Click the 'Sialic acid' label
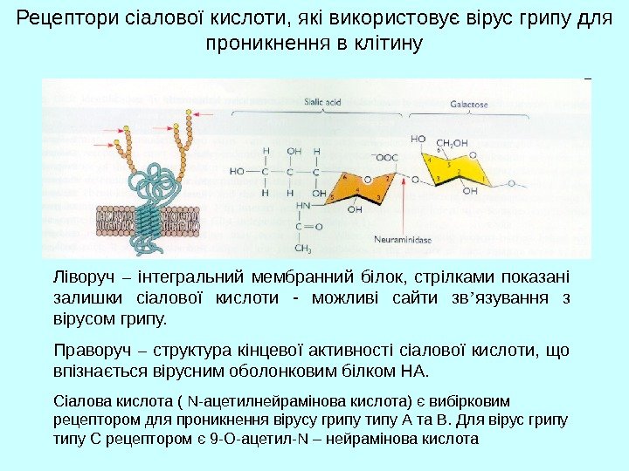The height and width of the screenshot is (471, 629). [322, 102]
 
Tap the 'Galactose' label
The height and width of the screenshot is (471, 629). [469, 104]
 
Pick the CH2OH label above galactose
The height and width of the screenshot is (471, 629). [453, 142]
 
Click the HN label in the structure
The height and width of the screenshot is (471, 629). [302, 206]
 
